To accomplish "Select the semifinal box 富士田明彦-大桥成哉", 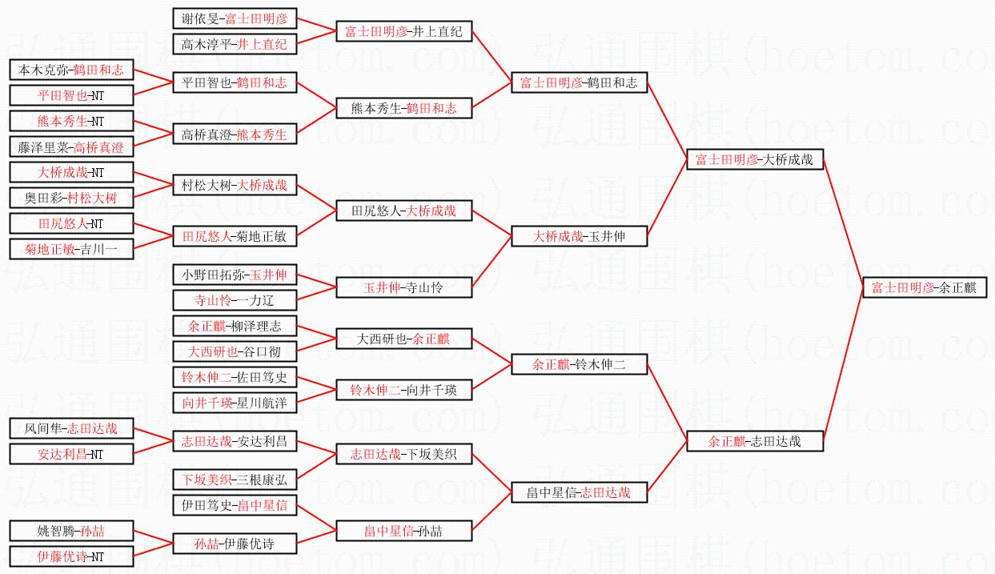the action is tap(754, 159).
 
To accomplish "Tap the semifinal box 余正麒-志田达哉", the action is tap(754, 440).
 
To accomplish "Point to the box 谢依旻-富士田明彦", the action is tap(235, 18).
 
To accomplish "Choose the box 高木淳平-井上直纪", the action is tap(235, 44).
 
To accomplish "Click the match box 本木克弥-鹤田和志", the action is tap(71, 70).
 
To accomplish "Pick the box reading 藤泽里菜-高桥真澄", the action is tap(71, 147).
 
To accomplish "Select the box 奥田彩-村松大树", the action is tap(71, 197).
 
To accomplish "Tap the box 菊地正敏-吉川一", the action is tap(71, 249).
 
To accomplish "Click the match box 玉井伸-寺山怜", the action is tap(403, 288).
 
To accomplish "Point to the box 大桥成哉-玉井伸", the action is tap(579, 236).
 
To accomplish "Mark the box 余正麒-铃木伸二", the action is tap(579, 365).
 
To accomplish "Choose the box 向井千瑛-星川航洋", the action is tap(235, 402).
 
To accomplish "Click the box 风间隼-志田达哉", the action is tap(71, 428).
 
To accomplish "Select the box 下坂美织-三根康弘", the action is tap(235, 480).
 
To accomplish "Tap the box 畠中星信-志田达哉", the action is tap(579, 492).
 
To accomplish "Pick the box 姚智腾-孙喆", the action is tap(71, 530).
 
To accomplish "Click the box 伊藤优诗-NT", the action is tap(71, 556).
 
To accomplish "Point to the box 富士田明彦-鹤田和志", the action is tap(579, 82).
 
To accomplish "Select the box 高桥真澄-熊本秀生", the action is tap(235, 134).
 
